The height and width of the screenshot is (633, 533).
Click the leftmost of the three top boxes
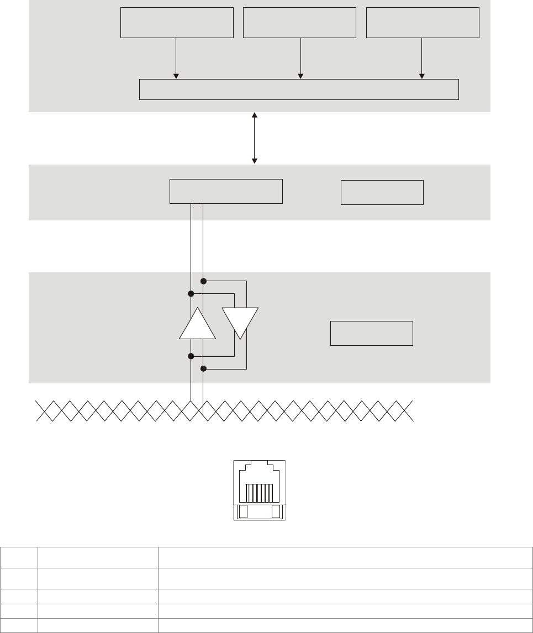[x=177, y=23]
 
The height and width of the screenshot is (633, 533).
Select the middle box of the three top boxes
[x=299, y=23]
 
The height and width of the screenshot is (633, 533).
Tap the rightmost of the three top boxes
[x=423, y=23]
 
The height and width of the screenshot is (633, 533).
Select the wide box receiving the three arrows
[x=299, y=89]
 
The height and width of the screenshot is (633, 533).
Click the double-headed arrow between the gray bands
[x=255, y=138]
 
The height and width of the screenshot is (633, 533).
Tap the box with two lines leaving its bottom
[x=225, y=191]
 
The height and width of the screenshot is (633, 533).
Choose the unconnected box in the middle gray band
[x=382, y=192]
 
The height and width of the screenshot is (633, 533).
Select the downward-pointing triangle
[x=240, y=321]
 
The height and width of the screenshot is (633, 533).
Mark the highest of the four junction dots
[x=203, y=281]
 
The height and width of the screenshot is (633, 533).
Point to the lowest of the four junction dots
[x=203, y=368]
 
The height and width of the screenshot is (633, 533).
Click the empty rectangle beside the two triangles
[x=371, y=333]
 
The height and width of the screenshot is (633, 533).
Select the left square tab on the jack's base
[x=242, y=512]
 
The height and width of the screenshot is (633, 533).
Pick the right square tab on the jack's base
[x=277, y=512]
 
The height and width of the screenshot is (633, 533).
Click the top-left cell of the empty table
[x=19, y=557]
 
